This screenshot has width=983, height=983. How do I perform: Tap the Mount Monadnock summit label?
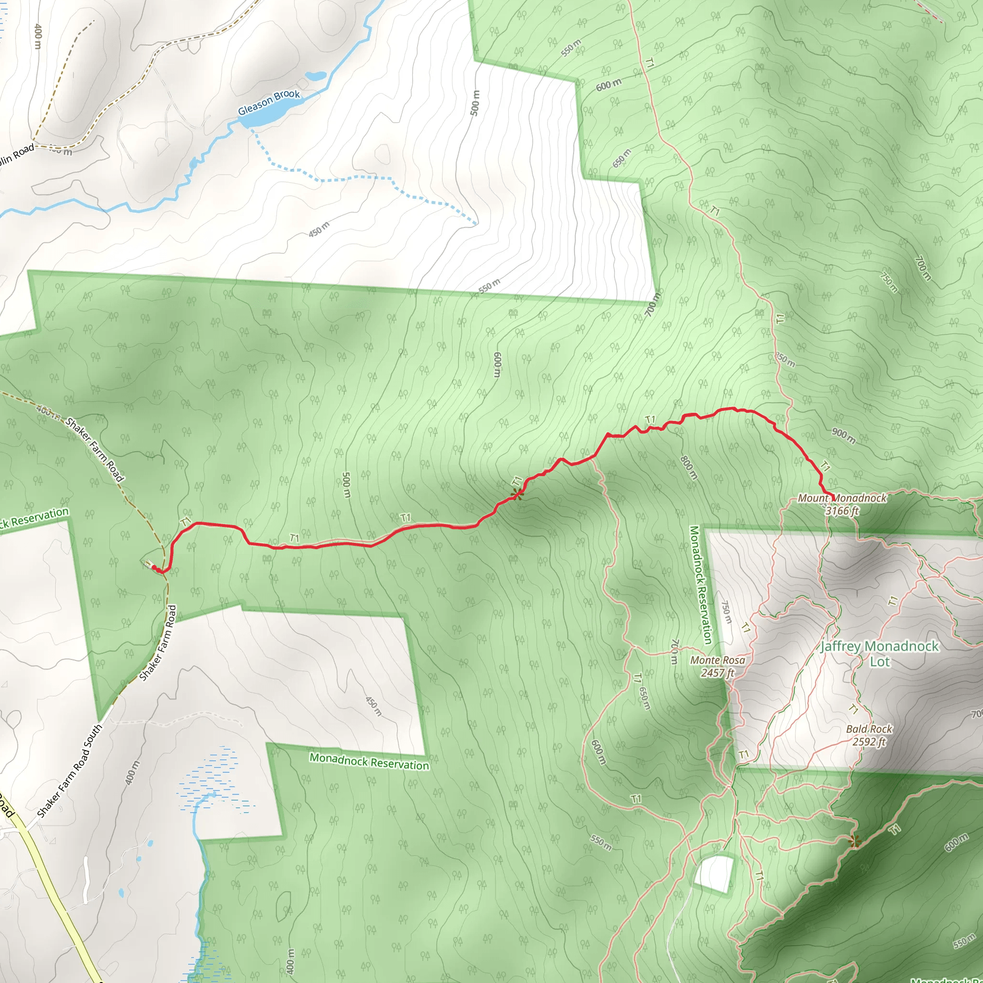coord(841,498)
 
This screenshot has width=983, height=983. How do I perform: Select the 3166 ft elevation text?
coord(841,510)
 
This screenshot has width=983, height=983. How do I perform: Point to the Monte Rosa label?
coord(718,660)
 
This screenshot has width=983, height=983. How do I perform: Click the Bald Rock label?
coord(869,729)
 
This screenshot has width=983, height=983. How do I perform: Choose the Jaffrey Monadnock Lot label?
coord(879,654)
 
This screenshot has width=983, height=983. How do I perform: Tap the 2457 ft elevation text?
coord(718,672)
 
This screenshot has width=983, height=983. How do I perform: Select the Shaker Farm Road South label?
coord(70,771)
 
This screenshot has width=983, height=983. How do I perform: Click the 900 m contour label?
coord(844,435)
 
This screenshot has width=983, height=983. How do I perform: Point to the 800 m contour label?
coord(689,467)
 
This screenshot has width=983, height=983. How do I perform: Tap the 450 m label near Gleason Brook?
coord(319,229)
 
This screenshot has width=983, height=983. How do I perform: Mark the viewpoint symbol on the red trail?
coord(517,493)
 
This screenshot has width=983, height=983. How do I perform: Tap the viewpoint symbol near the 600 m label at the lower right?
coord(855,841)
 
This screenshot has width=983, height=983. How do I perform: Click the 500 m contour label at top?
coord(475,103)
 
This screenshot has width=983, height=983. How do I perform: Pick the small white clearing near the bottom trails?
coord(715,873)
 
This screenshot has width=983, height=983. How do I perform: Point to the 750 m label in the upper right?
coord(889,281)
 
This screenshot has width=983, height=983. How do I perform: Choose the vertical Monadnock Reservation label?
coord(700,585)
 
